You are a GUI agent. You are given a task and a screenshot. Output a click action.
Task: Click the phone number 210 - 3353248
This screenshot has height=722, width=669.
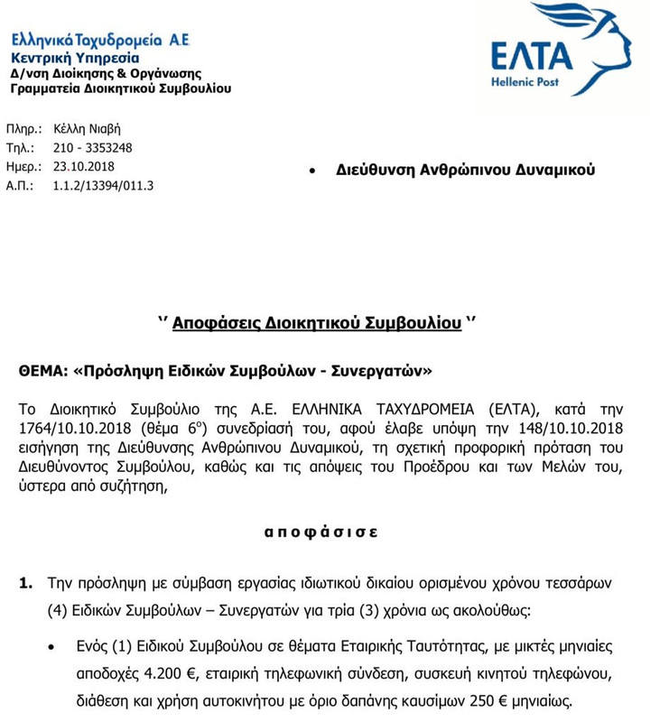pyautogui.click(x=93, y=148)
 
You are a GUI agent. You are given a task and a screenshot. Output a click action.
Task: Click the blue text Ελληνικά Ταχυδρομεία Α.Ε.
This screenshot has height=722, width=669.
pyautogui.click(x=100, y=41)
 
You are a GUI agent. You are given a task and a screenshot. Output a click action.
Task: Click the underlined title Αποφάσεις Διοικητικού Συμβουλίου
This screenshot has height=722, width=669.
pyautogui.click(x=317, y=323)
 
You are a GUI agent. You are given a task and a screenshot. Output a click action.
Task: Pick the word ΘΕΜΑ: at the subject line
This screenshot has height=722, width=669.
pyautogui.click(x=44, y=370)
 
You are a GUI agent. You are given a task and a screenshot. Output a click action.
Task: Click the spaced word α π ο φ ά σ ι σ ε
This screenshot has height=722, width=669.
pyautogui.click(x=321, y=532)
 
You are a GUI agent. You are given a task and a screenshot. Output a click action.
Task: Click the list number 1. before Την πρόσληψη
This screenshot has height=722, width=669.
pyautogui.click(x=26, y=583)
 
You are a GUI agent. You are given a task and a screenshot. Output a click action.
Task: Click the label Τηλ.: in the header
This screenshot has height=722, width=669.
pyautogui.click(x=20, y=148)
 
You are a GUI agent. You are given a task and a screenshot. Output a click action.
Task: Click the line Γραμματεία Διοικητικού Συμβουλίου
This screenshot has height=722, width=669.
pyautogui.click(x=120, y=88)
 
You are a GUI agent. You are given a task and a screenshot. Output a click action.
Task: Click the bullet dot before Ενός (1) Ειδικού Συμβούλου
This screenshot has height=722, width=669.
pyautogui.click(x=55, y=646)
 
